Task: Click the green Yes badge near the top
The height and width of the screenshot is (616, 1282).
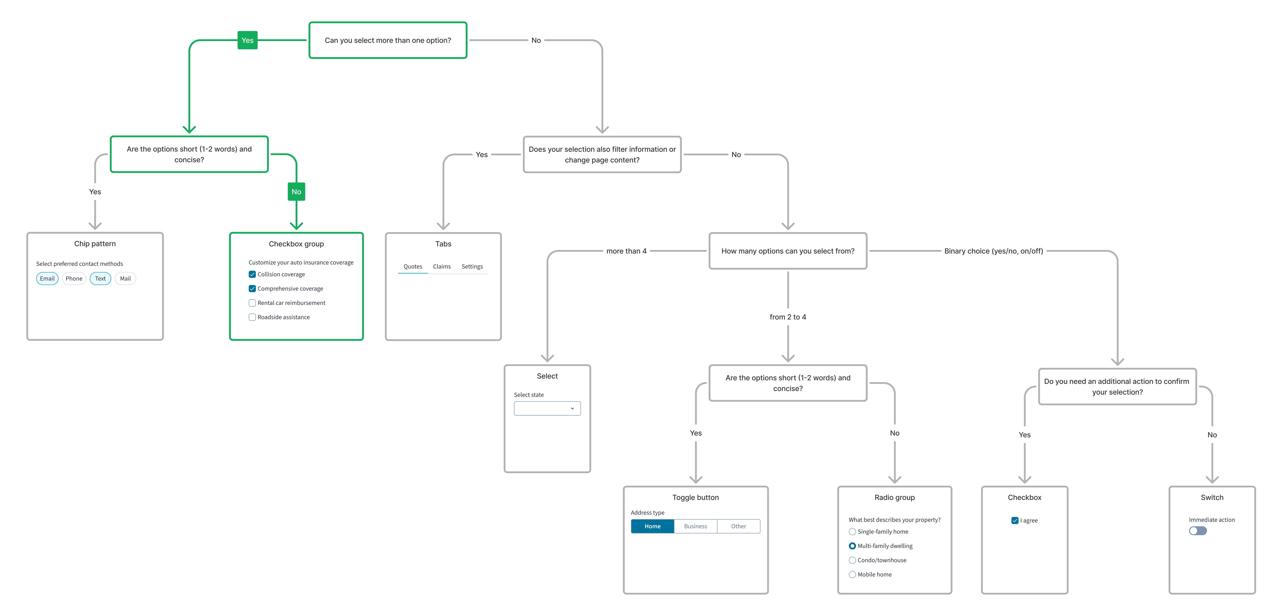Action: [x=247, y=40]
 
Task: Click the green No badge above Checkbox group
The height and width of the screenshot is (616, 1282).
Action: [x=296, y=191]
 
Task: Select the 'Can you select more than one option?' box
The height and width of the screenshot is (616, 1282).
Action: [x=388, y=40]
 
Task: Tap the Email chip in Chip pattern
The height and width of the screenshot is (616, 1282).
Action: [x=47, y=279]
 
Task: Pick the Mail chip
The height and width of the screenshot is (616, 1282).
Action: [x=125, y=279]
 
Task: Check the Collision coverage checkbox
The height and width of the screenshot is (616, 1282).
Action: [x=252, y=274]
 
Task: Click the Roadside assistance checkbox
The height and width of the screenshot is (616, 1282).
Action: [x=252, y=317]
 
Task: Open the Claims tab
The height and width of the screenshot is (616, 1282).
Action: [x=441, y=267]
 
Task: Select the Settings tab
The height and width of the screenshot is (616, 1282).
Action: [x=472, y=267]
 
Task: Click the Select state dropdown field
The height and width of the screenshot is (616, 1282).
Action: [x=547, y=408]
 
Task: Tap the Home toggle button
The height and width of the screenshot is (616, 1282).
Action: [x=652, y=527]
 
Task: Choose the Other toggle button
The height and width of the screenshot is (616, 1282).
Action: [x=739, y=527]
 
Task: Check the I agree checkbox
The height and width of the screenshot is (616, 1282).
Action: [x=1015, y=520]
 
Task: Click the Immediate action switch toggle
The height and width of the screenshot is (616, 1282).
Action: [x=1198, y=531]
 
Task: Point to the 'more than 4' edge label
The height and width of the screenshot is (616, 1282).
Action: [x=626, y=251]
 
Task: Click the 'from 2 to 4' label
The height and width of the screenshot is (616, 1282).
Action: [x=788, y=317]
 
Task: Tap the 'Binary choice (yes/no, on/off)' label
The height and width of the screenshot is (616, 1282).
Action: [x=993, y=251]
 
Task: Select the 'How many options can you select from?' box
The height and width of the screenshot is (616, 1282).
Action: [x=788, y=251]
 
